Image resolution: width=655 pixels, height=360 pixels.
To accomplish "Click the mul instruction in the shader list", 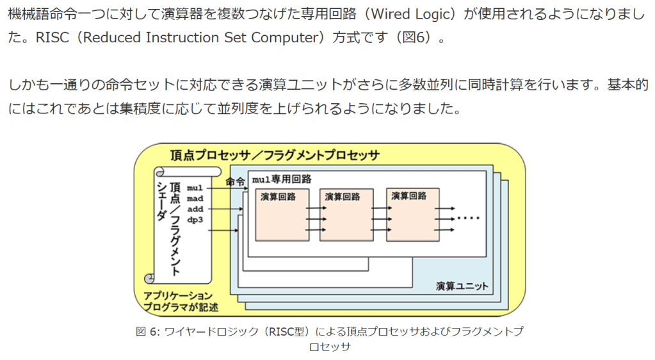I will tap(195, 188).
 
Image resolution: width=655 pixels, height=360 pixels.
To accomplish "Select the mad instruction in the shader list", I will tap(195, 199).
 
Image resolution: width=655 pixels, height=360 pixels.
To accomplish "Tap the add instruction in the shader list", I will tap(195, 209).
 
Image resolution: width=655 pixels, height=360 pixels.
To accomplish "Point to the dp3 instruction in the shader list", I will tap(195, 220).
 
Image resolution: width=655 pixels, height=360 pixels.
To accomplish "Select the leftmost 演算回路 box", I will tap(282, 215).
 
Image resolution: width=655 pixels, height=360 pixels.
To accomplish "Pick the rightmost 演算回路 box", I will tap(413, 214).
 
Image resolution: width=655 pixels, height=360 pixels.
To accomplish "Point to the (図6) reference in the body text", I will tap(412, 37).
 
